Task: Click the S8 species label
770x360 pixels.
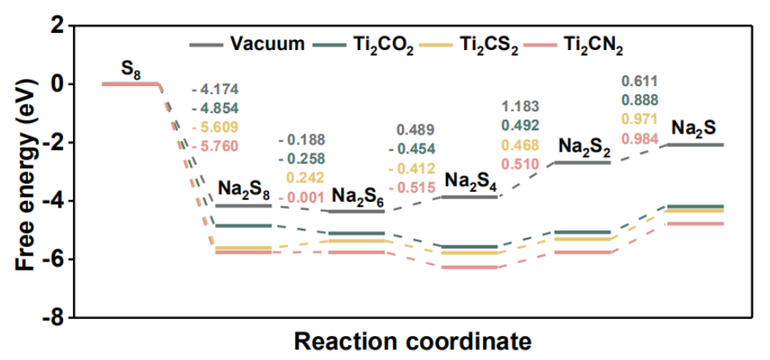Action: coord(130,69)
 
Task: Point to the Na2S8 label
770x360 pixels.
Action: coord(245,189)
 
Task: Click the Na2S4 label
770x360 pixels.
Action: coord(471,180)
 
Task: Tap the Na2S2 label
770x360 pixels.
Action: coord(584,146)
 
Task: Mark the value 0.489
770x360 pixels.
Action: coord(416,130)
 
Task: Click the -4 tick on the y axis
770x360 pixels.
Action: coord(57,201)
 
